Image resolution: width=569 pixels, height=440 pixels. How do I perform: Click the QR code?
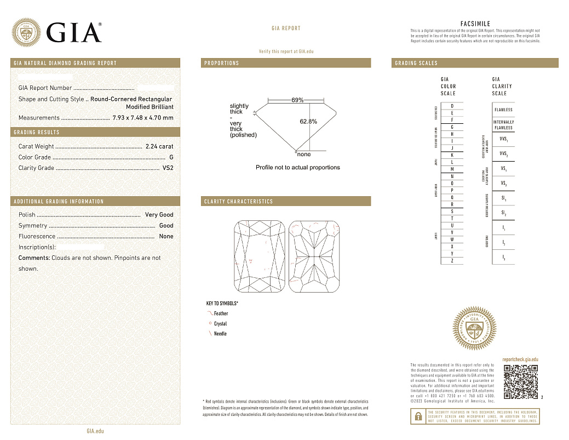point(520,381)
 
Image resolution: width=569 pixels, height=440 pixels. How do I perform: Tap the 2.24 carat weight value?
point(159,146)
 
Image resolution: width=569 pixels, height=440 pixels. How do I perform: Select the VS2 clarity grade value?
point(168,168)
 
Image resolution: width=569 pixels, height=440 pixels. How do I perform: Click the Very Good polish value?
point(159,215)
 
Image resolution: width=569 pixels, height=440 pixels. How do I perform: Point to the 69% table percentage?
point(297,100)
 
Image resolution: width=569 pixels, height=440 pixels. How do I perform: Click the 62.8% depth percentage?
point(308,122)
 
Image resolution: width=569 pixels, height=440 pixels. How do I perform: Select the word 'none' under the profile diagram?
point(303,155)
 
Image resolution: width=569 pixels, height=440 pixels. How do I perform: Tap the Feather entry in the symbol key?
point(221,313)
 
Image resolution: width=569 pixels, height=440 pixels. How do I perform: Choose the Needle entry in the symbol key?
point(220,334)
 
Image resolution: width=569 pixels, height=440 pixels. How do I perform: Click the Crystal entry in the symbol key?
point(220,324)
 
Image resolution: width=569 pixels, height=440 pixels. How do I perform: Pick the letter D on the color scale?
point(452,106)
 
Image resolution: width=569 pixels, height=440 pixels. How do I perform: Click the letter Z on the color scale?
point(452,261)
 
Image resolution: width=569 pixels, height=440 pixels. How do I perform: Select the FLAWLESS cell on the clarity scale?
point(503,110)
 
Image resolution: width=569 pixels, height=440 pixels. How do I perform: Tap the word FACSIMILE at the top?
point(475,24)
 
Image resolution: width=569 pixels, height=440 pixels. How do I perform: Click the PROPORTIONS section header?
point(222,63)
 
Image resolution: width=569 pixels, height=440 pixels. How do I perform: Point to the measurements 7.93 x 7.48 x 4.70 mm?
point(142,118)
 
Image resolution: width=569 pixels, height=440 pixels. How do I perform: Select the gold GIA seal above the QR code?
point(475,330)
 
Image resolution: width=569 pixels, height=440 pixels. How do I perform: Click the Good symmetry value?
point(166,226)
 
